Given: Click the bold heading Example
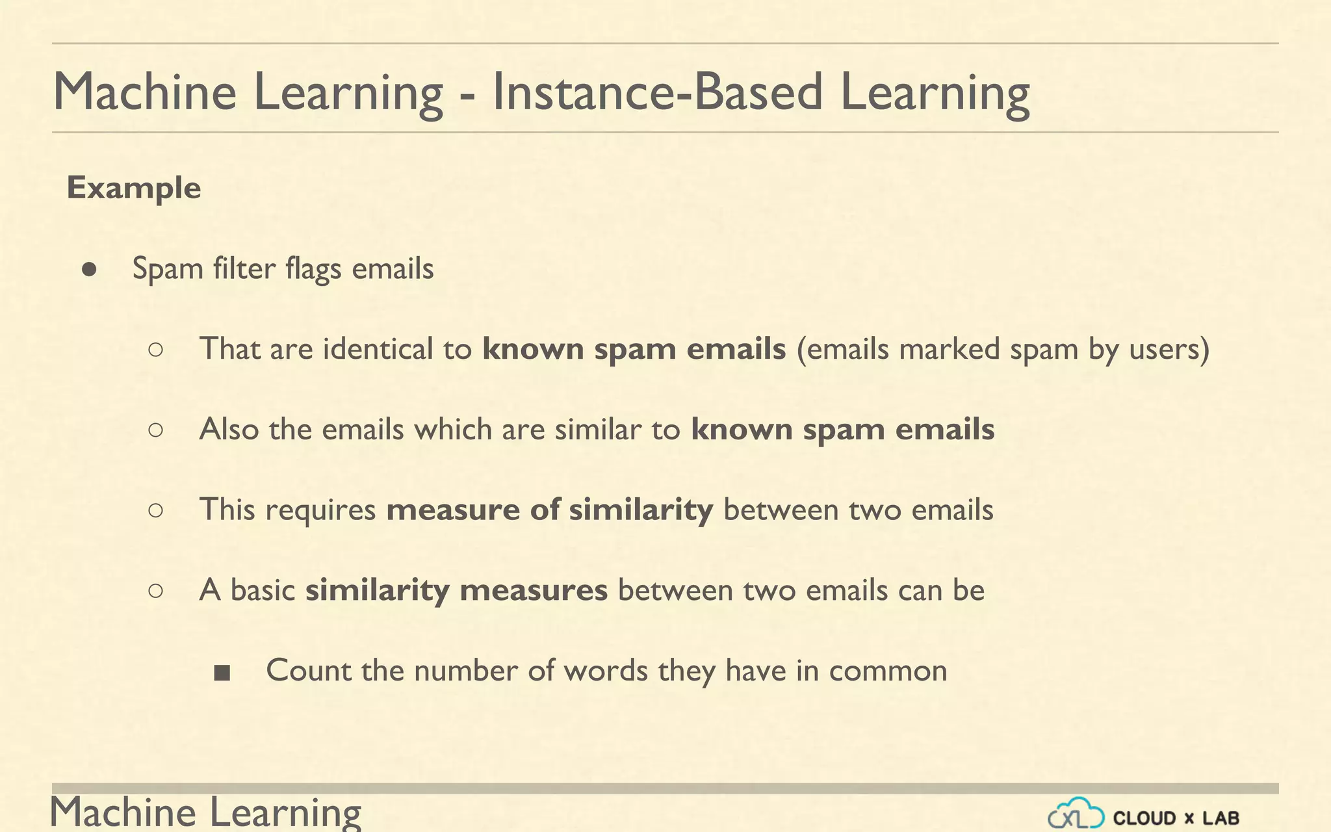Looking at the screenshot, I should (134, 188).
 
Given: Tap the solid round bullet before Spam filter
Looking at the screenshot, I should (90, 270).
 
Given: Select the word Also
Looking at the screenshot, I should (229, 430).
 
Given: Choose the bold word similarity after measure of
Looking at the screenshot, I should (641, 510).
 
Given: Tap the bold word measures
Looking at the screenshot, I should (533, 591).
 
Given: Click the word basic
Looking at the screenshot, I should (263, 591).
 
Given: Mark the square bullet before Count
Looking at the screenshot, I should (222, 673).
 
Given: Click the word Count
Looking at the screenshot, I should (308, 671).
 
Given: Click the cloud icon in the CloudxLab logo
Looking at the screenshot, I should (1076, 814).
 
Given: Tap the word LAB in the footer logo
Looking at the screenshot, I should (1221, 818).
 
